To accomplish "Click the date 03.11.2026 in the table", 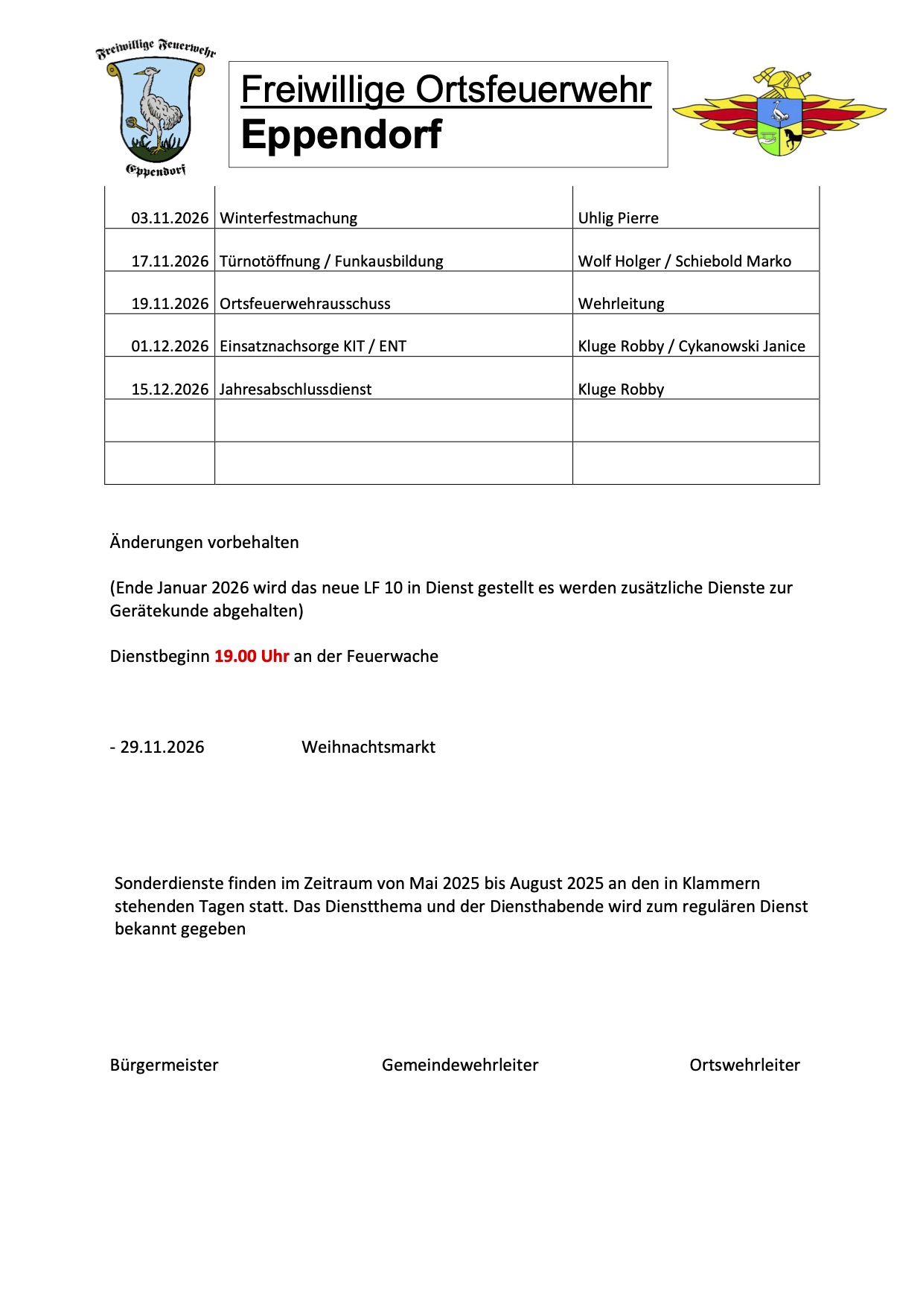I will (170, 218).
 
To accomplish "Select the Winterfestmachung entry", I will (289, 218).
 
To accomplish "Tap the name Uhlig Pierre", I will (619, 218).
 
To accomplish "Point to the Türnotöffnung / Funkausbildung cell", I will (331, 261).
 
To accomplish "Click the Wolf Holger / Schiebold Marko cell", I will (685, 261).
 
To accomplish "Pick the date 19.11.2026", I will (170, 304).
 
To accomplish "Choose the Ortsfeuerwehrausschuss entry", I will (305, 304).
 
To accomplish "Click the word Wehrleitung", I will (622, 304).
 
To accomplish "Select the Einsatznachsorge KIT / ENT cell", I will (313, 346).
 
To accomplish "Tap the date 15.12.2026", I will (170, 389).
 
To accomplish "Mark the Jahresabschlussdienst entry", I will (296, 389).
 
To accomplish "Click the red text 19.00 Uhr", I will (252, 656).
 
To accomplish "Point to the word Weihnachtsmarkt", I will (368, 747).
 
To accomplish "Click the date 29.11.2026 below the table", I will (162, 747).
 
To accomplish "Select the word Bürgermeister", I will (165, 1065).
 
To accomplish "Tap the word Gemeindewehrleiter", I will (460, 1065).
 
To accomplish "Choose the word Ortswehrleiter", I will (745, 1065).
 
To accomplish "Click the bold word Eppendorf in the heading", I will (342, 135).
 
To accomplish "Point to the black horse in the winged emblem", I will (791, 138).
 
